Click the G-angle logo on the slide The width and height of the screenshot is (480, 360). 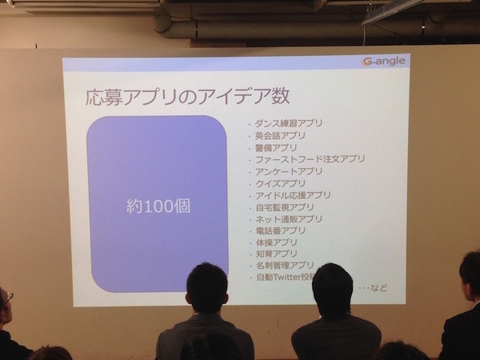pos(383,62)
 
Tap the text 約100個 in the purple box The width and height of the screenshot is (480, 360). pos(158,206)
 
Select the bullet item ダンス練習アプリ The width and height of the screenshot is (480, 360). pos(288,124)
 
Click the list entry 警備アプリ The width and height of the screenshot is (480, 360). pos(276,148)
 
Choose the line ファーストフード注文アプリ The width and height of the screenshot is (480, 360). pos(310,159)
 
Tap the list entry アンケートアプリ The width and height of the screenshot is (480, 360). pos(288,171)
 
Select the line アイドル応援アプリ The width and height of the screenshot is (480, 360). pos(293,195)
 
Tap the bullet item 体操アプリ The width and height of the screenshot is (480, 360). pos(276,242)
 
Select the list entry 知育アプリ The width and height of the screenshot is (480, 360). pos(276,254)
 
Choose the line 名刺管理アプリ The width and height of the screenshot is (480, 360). pos(285,265)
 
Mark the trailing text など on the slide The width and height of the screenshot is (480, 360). pos(379,287)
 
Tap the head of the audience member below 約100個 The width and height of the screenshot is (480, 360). pos(206,288)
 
